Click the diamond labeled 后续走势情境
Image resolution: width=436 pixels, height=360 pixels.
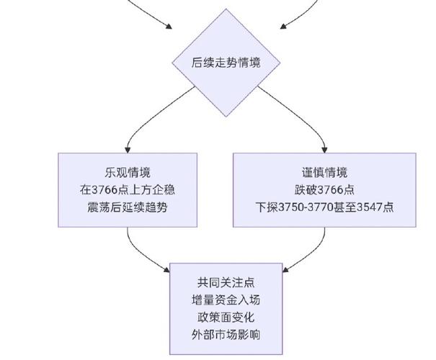tap(226, 63)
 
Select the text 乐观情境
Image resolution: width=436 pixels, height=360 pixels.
tap(128, 172)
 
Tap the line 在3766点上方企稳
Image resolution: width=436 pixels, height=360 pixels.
tap(128, 190)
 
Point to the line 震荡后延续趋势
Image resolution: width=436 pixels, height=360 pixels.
tap(128, 208)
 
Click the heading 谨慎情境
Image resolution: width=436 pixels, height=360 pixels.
tap(324, 172)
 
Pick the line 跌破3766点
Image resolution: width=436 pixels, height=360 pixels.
tap(324, 190)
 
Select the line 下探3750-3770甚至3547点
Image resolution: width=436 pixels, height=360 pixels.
tap(324, 208)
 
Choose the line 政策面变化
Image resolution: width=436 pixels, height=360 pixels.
tap(226, 318)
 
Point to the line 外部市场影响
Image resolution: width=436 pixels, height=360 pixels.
tap(226, 336)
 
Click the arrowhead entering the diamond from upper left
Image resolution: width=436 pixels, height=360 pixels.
tap(169, 28)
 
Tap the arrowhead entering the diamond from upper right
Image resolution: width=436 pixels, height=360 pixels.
tap(283, 28)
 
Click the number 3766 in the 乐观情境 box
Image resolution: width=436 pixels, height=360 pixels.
tap(106, 190)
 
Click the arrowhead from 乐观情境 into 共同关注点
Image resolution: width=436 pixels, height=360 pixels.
tap(165, 271)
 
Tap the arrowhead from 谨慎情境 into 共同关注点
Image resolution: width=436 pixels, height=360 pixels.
tap(287, 271)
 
